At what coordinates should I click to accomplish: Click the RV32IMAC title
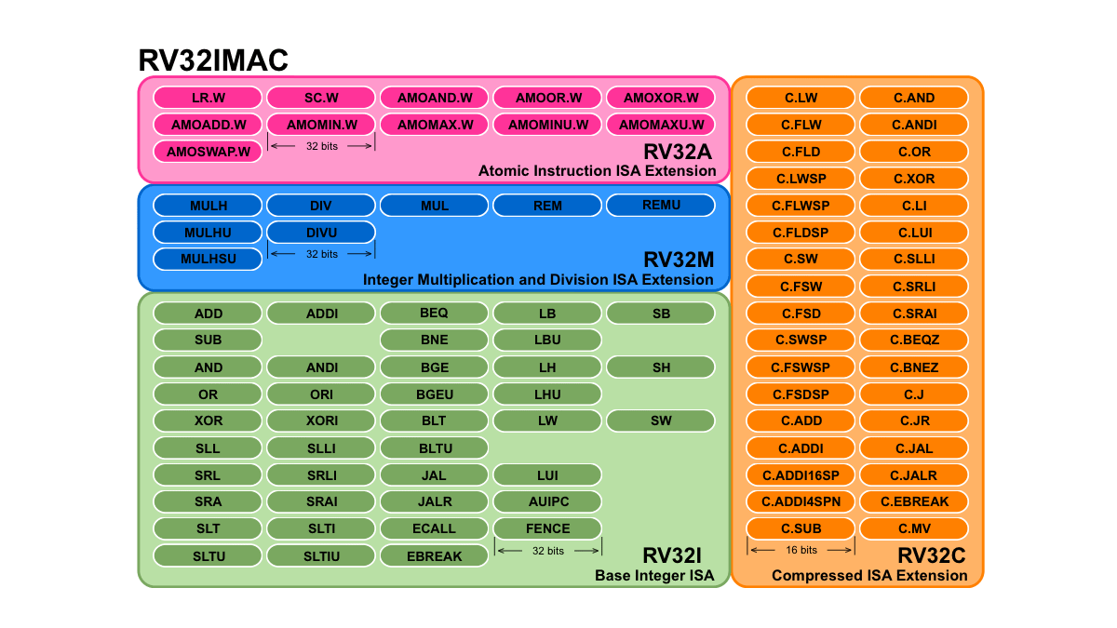(213, 60)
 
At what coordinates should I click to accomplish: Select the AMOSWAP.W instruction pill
(209, 151)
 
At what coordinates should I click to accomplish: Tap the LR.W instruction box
(209, 98)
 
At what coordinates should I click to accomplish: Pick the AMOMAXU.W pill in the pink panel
(661, 125)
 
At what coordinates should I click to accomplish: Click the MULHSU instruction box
(209, 260)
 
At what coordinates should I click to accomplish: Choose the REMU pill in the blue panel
(661, 206)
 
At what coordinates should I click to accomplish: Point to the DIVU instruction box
(321, 233)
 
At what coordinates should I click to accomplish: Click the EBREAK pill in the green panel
(434, 556)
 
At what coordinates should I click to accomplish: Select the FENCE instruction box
(547, 528)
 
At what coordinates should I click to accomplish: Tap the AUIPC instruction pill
(547, 501)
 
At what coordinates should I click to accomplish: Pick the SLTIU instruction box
(321, 556)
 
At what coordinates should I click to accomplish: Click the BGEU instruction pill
(434, 394)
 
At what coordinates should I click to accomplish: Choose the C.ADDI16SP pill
(801, 475)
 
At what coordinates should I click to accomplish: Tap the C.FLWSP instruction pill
(801, 206)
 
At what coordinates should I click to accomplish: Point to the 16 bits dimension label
(801, 550)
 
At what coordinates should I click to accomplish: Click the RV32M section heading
(679, 260)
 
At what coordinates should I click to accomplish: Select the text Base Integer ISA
(654, 576)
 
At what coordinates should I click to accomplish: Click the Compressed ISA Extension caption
(869, 576)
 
